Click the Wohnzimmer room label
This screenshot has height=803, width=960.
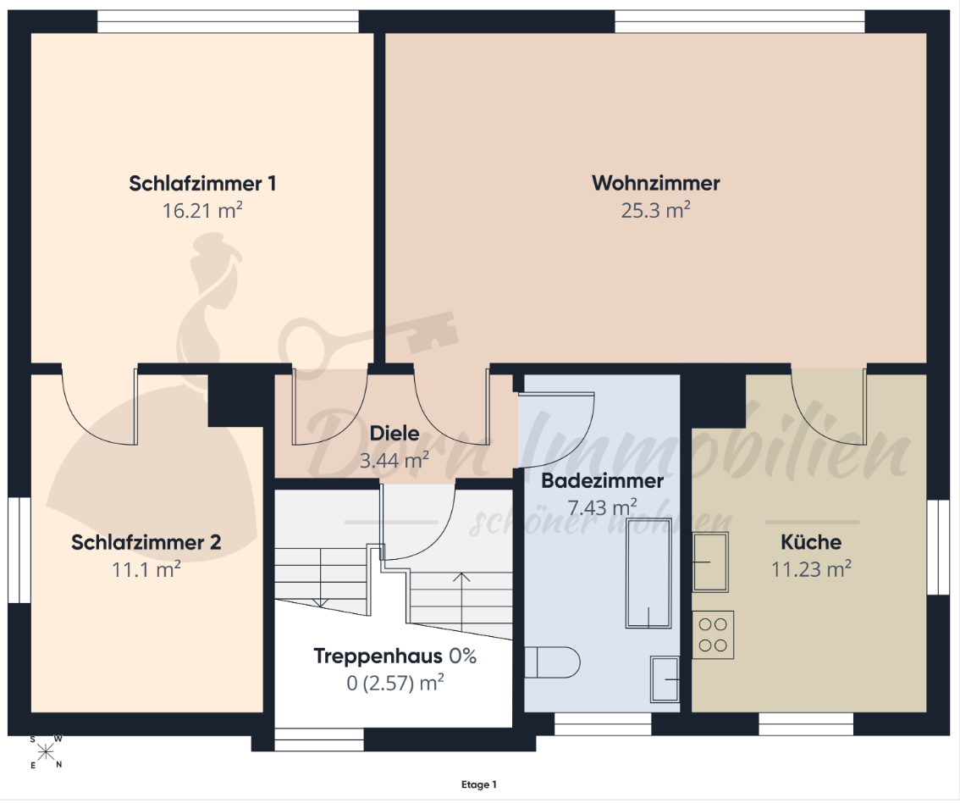click(x=656, y=182)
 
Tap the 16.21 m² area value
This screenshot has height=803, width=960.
click(x=202, y=210)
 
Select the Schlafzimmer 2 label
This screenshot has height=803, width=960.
click(x=146, y=542)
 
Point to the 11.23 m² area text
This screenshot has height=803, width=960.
click(x=811, y=569)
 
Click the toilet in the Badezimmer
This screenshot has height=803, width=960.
click(x=552, y=662)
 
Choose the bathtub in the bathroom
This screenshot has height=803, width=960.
click(x=648, y=573)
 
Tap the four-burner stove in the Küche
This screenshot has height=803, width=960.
click(x=713, y=634)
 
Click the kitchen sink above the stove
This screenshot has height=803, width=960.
click(x=710, y=562)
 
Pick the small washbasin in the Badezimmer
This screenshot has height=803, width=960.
click(x=665, y=678)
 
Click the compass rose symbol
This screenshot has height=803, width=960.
click(x=47, y=751)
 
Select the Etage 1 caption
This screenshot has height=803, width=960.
click(x=479, y=784)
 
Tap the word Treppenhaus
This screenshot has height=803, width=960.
click(x=378, y=656)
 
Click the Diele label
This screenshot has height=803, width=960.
click(x=394, y=433)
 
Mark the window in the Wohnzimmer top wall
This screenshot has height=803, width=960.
click(x=740, y=22)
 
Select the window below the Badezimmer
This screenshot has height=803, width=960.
click(x=603, y=723)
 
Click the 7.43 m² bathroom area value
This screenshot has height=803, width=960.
click(x=603, y=507)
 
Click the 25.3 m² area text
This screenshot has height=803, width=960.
click(x=656, y=210)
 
